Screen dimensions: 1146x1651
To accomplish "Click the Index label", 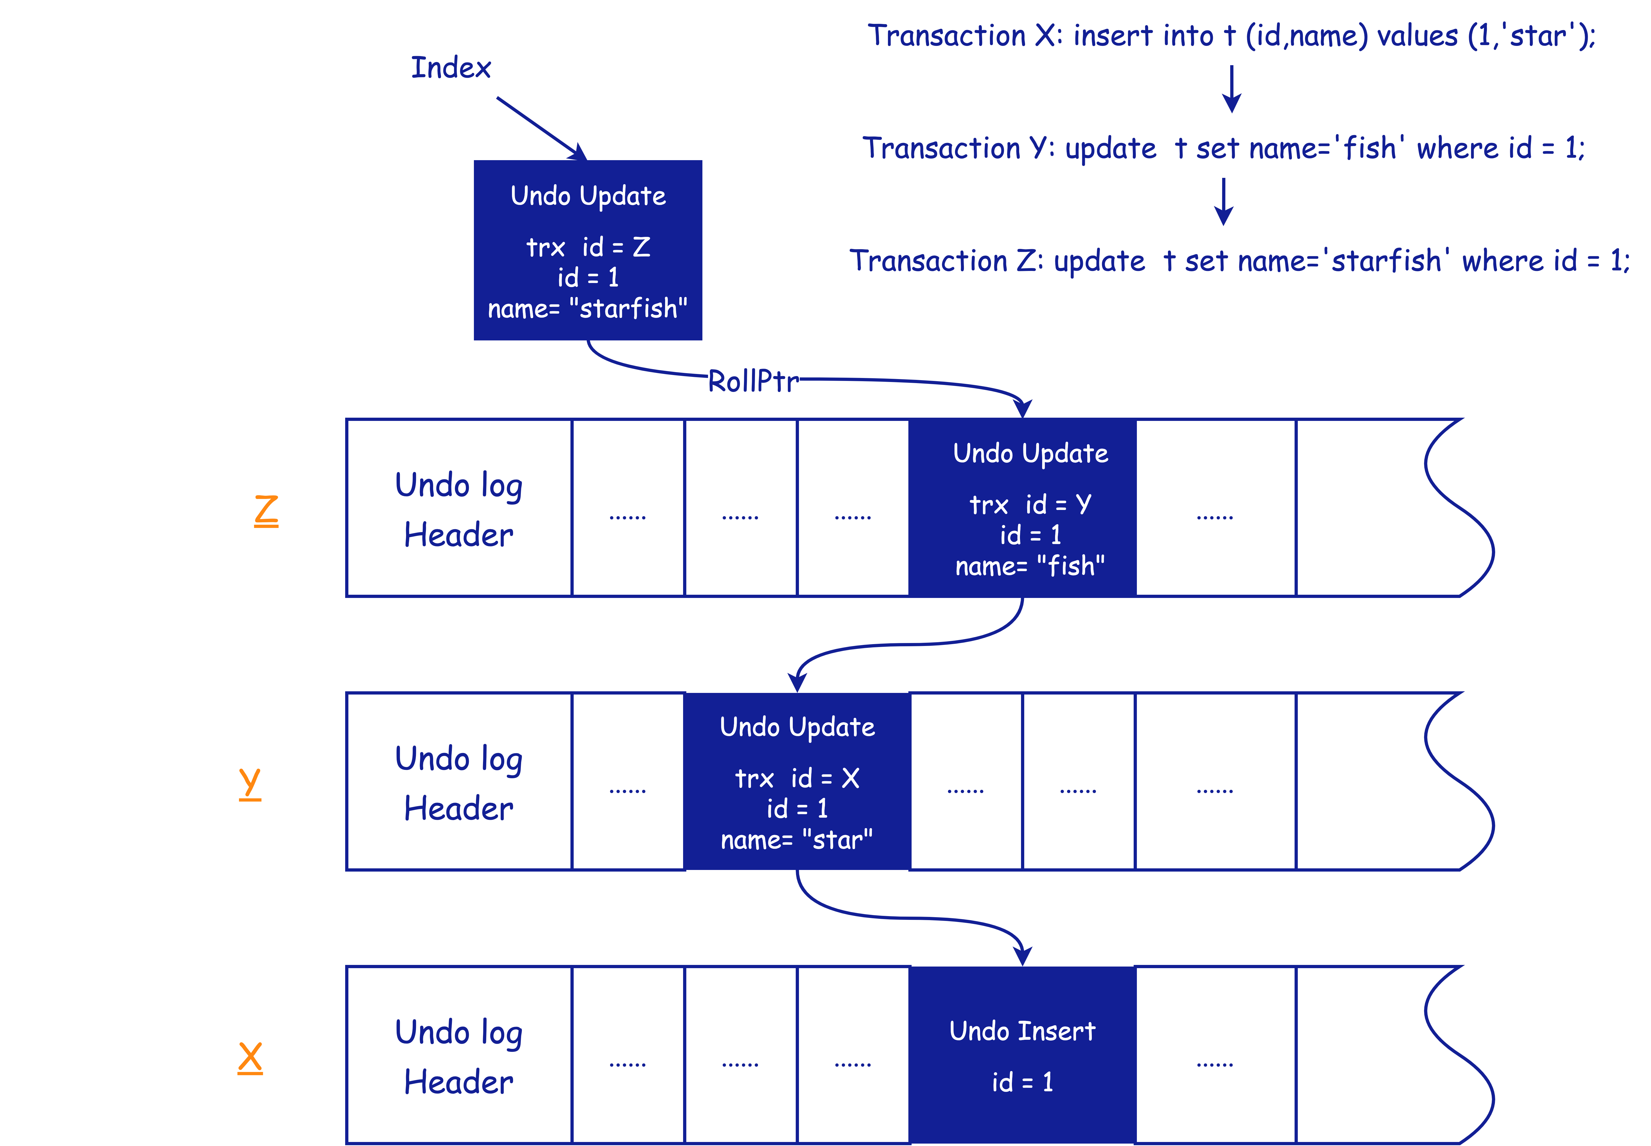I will click(451, 68).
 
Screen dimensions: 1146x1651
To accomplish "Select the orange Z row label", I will click(266, 510).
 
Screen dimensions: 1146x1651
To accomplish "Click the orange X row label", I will click(250, 1058).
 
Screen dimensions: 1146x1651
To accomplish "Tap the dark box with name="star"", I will click(797, 781).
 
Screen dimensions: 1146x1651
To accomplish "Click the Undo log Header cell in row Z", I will click(459, 508).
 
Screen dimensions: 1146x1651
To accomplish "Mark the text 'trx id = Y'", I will click(1030, 505).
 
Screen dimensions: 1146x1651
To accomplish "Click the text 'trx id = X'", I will click(797, 778).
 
